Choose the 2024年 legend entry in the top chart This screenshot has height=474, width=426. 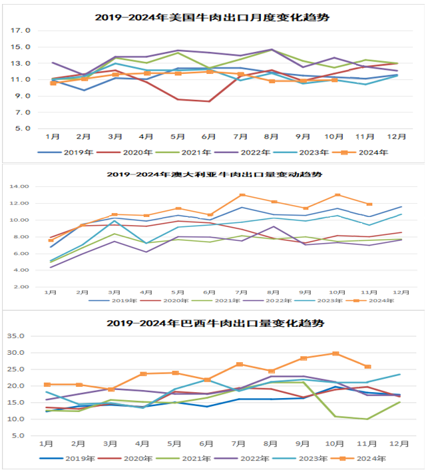(373, 152)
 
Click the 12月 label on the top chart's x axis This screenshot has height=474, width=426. (397, 136)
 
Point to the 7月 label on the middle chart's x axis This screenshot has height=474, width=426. (242, 292)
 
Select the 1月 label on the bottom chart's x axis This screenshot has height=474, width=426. (47, 443)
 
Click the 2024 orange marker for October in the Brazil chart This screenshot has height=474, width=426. (336, 354)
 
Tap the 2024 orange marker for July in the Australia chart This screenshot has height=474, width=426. (242, 195)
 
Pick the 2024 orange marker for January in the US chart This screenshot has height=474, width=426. (53, 83)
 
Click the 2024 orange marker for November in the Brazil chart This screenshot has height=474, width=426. (367, 367)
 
